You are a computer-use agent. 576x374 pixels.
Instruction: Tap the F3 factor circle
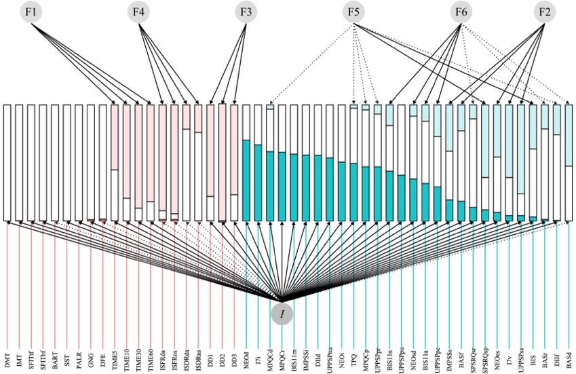246,12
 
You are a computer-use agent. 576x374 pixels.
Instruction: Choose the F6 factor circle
461,12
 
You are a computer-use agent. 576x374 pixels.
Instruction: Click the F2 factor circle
545,12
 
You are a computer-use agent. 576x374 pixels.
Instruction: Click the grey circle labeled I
282,314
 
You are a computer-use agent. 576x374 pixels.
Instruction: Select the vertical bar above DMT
7,162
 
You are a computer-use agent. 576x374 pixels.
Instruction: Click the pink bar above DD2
222,162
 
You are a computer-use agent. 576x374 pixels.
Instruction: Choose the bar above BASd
569,162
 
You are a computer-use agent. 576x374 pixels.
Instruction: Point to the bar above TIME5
115,162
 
